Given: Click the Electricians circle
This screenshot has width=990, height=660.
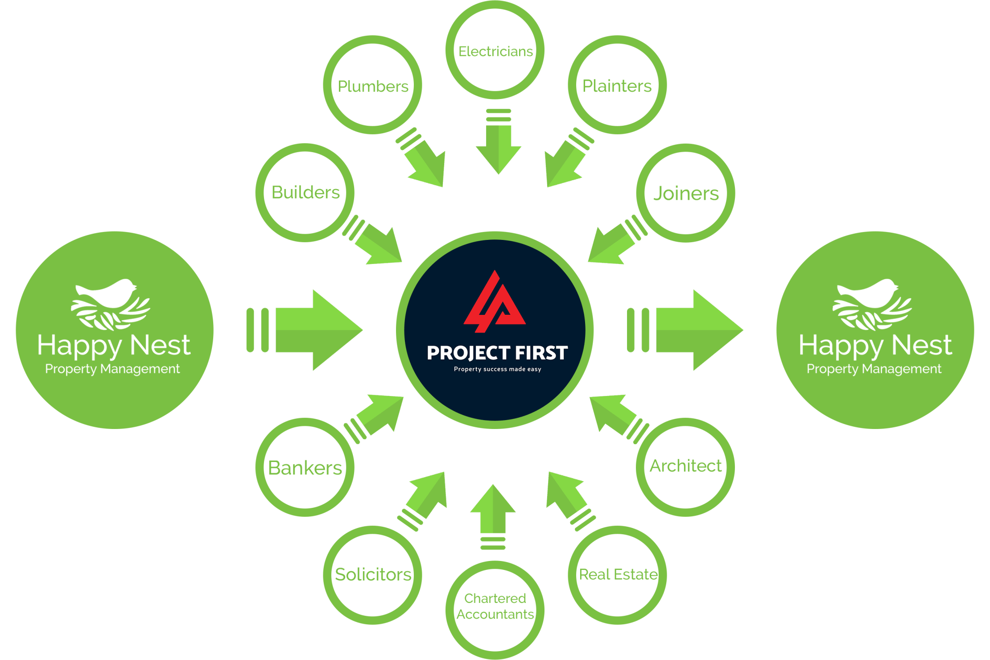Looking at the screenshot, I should coord(495,50).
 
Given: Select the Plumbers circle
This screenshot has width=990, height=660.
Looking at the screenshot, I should coord(373,85).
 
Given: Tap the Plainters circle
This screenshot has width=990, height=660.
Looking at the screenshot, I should coord(617,85).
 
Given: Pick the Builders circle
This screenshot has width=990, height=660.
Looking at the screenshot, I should coord(305,193).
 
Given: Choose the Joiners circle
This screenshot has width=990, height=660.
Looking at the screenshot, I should coord(685,193).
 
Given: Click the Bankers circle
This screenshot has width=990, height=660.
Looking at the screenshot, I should coord(305,467).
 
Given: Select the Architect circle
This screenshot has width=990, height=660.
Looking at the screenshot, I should coord(685,467).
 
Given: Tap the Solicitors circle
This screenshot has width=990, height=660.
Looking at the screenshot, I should coord(373,574).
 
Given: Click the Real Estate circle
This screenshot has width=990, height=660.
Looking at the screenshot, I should coord(617,574).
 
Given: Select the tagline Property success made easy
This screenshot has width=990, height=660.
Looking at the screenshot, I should coord(497,369).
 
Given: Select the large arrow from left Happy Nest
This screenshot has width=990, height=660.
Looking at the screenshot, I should coord(312,330).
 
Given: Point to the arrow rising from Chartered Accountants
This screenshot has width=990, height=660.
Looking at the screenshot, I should coord(493,513).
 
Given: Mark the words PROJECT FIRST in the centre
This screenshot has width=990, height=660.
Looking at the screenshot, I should coord(497,353).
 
